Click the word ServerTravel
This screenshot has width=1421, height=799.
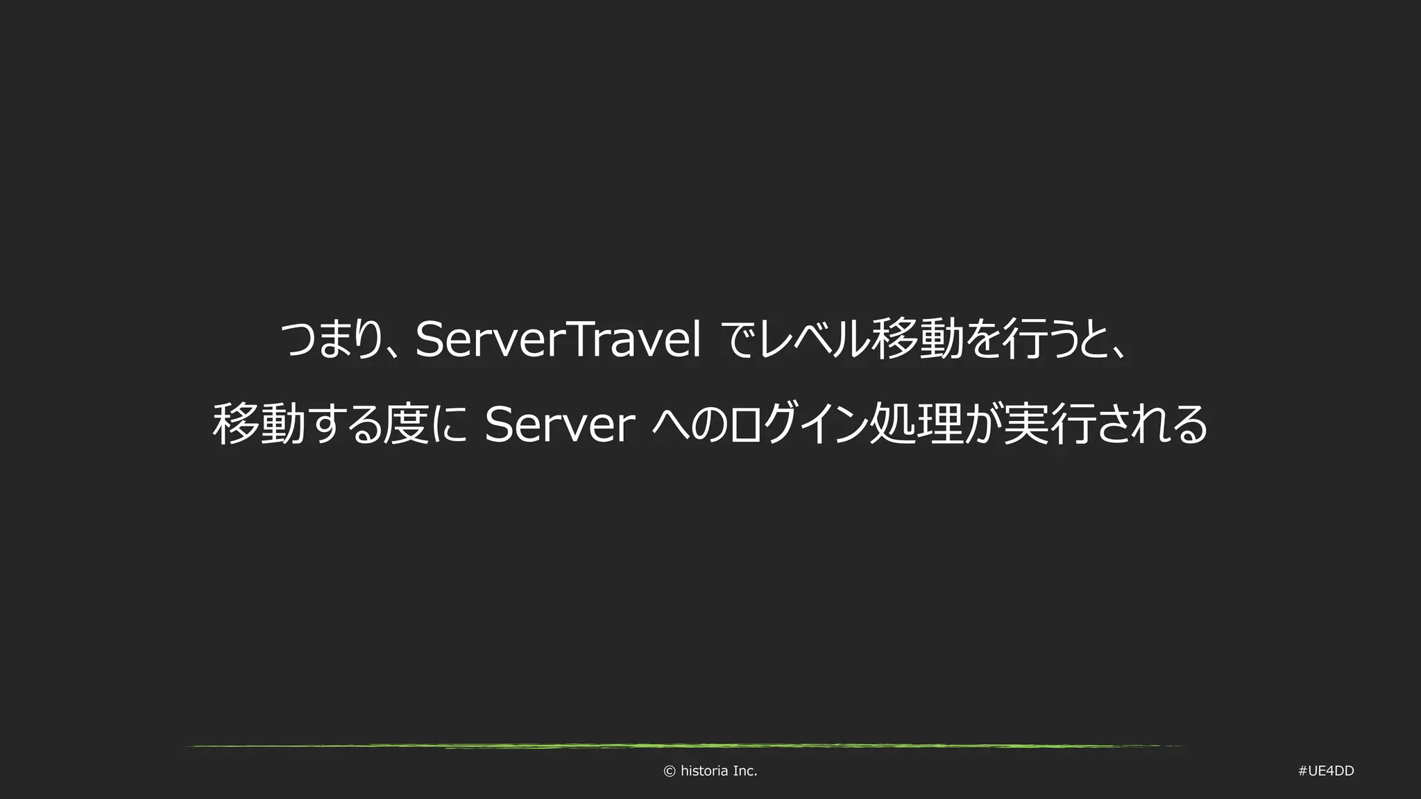(558, 341)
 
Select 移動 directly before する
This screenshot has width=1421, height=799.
(259, 424)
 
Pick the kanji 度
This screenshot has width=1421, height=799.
(403, 424)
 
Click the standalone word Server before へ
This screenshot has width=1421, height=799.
(560, 424)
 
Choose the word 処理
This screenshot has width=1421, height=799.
(916, 424)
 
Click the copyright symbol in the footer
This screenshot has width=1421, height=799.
(670, 771)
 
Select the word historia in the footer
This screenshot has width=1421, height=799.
(704, 771)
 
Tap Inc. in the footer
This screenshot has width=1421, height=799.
(745, 771)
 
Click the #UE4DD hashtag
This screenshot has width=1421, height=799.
(1325, 771)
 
